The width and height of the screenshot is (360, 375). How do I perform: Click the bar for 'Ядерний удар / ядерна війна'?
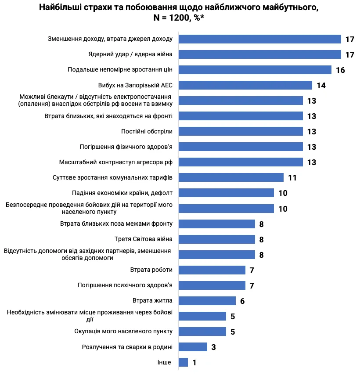pyautogui.click(x=260, y=54)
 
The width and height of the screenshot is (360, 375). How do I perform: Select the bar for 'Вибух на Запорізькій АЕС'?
pyautogui.click(x=245, y=85)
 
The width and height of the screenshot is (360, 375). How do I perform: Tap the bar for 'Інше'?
pyautogui.click(x=183, y=362)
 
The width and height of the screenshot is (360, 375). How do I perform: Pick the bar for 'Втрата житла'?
pyautogui.click(x=207, y=301)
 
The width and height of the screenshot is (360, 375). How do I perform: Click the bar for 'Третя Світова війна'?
pyautogui.click(x=217, y=239)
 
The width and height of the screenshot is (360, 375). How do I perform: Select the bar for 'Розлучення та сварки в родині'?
pyautogui.click(x=193, y=347)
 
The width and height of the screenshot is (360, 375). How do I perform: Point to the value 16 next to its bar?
pyautogui.click(x=340, y=70)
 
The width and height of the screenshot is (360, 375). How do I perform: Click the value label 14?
pyautogui.click(x=321, y=86)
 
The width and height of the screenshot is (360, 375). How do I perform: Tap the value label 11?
pyautogui.click(x=292, y=178)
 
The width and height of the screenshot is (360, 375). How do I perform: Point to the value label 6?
pyautogui.click(x=242, y=301)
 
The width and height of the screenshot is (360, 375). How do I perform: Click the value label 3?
pyautogui.click(x=213, y=347)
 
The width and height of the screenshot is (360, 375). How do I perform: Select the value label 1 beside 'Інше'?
pyautogui.click(x=194, y=363)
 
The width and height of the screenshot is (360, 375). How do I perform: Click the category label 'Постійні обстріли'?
pyautogui.click(x=147, y=131)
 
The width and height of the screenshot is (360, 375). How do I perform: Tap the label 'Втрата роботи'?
pyautogui.click(x=151, y=270)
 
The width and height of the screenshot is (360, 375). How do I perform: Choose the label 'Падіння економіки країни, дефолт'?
pyautogui.click(x=122, y=193)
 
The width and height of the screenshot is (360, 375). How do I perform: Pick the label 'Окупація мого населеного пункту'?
pyautogui.click(x=123, y=331)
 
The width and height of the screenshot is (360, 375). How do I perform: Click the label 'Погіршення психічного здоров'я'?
pyautogui.click(x=125, y=285)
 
